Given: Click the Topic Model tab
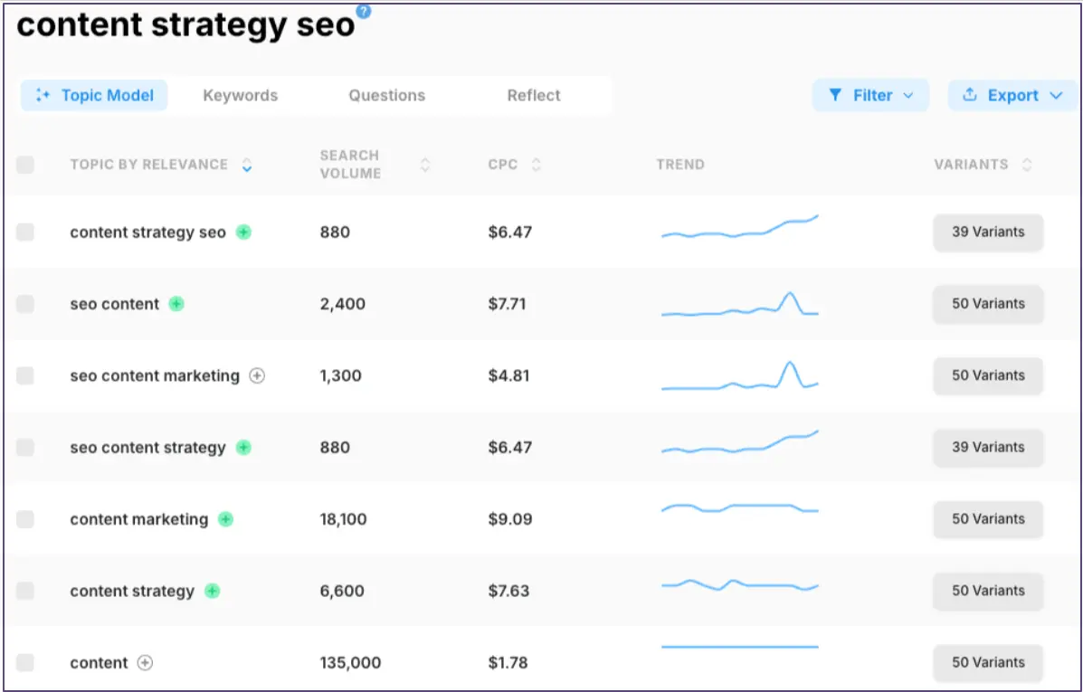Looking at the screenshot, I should [94, 95].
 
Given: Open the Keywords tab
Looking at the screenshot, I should [240, 95].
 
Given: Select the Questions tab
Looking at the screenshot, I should [386, 95].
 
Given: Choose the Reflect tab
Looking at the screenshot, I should [534, 95].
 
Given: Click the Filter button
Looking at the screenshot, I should [870, 95].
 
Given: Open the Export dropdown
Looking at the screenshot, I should [1012, 95].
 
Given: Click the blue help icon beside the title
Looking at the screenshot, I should [364, 11].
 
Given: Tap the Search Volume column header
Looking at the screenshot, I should [350, 165].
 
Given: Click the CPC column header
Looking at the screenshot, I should [503, 165].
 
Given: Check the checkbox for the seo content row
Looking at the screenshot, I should [25, 304].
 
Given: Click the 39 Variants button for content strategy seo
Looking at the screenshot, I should [988, 232].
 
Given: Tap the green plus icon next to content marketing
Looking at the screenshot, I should [225, 519].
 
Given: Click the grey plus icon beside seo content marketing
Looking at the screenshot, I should [257, 375].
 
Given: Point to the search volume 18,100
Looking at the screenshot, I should [345, 519].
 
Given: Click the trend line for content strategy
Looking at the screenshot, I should [739, 585].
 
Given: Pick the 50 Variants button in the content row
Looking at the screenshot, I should [988, 663].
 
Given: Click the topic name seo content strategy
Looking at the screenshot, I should [147, 448].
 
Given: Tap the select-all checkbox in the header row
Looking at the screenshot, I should [25, 165].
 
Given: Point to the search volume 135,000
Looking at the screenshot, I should [350, 663].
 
